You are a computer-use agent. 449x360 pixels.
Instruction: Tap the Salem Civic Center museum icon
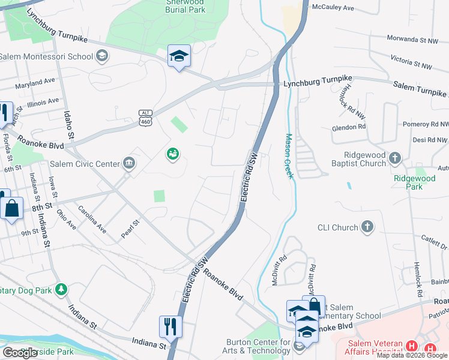(128, 163)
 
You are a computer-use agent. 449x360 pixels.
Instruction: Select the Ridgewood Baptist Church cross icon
(394, 158)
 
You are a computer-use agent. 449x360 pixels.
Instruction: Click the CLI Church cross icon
(367, 227)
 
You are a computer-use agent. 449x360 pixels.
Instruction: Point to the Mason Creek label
(289, 155)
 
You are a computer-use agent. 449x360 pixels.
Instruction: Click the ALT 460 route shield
(145, 118)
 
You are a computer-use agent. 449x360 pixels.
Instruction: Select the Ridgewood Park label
(414, 182)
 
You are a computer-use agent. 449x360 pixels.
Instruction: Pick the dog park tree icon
(61, 290)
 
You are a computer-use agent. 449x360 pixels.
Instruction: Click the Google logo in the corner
(19, 353)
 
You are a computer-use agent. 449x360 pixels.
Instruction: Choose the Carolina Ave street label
(92, 220)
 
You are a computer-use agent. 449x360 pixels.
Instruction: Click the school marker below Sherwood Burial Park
(179, 56)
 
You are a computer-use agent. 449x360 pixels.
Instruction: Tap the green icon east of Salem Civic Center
(172, 154)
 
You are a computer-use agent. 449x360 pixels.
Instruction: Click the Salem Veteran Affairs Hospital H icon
(411, 346)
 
